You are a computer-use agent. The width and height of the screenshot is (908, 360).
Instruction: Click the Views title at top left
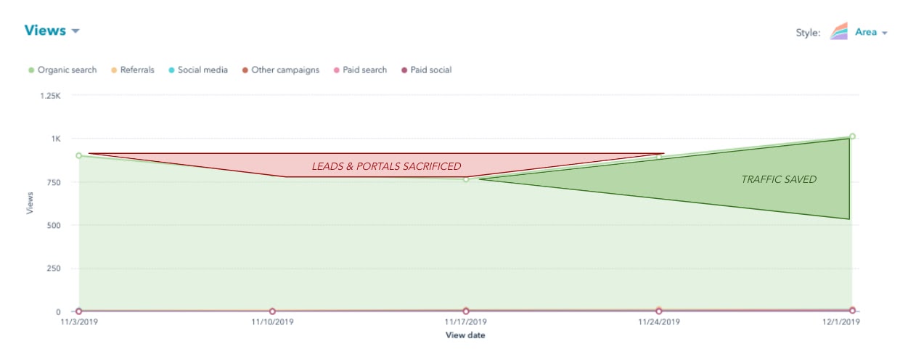[45, 30]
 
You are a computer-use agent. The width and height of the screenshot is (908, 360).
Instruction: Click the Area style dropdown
[870, 33]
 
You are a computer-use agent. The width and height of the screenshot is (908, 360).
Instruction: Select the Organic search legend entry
[66, 70]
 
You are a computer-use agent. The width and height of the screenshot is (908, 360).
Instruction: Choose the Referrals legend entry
[136, 70]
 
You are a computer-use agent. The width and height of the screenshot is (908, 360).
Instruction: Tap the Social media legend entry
[202, 70]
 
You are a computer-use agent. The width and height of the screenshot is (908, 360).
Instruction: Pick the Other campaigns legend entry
[285, 70]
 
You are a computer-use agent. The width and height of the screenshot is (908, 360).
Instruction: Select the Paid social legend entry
[430, 70]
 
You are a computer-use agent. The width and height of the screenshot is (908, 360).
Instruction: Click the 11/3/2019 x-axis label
[78, 322]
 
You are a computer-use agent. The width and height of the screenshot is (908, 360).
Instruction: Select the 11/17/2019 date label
[465, 322]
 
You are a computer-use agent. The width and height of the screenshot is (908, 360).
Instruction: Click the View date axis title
[465, 335]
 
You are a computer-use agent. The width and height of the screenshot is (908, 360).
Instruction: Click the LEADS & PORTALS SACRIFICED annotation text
[386, 167]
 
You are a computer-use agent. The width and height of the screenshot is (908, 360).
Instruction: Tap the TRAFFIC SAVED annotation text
[779, 179]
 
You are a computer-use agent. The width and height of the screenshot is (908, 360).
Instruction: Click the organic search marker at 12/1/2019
[852, 136]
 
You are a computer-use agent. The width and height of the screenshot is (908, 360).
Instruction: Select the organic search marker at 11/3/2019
[78, 155]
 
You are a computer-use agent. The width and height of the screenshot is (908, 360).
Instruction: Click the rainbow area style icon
[840, 31]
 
